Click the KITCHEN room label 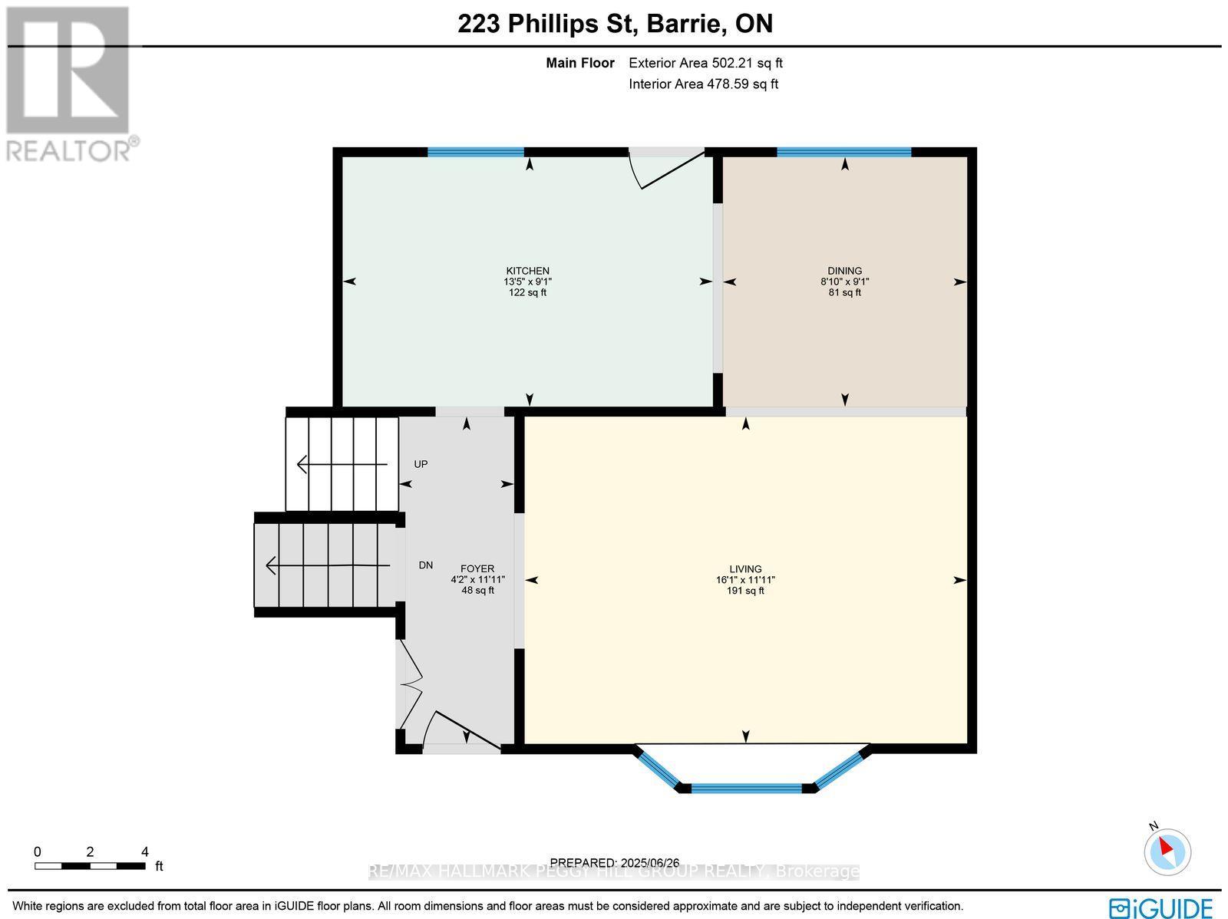(527, 271)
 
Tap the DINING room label (844, 271)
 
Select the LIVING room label (745, 569)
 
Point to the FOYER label (477, 569)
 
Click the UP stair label (421, 464)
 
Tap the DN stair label (425, 565)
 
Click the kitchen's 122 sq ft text (527, 292)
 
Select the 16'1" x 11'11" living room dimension (745, 580)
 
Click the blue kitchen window (475, 152)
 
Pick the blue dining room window (843, 152)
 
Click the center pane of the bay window (746, 788)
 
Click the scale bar (90, 866)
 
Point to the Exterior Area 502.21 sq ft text (705, 64)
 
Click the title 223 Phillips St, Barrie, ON (615, 24)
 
